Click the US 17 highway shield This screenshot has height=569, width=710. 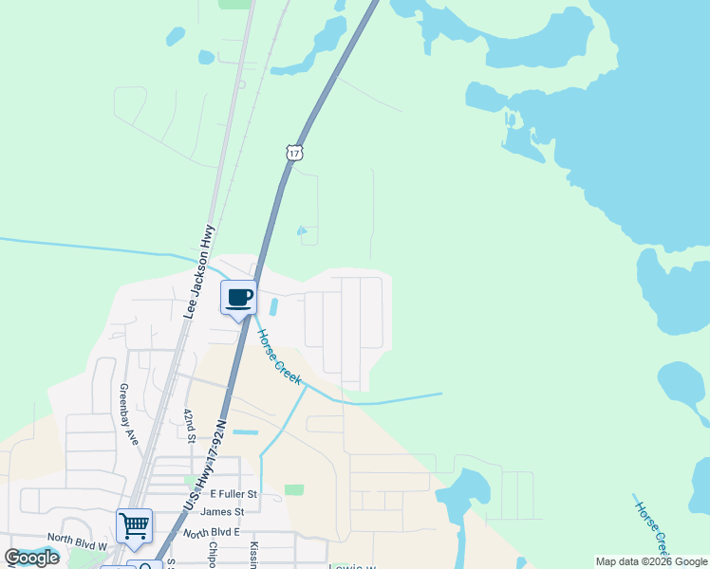[294, 153]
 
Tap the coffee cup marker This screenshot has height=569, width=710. [238, 297]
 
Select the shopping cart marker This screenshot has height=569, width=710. [134, 525]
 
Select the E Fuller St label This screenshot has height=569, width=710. [234, 494]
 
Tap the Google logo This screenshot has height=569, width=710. [31, 558]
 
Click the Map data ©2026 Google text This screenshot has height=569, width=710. [651, 561]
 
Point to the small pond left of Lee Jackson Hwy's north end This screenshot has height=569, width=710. [175, 37]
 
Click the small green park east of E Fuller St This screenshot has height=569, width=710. [294, 490]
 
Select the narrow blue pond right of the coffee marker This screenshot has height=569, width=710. [274, 308]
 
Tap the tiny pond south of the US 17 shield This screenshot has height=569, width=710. [302, 230]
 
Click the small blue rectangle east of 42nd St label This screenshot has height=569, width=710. [245, 432]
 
